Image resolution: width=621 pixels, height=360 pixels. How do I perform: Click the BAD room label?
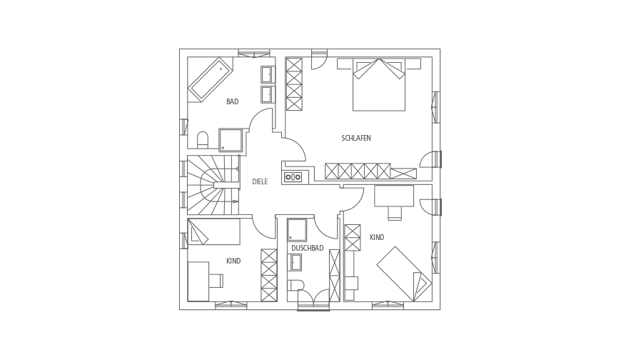(233, 102)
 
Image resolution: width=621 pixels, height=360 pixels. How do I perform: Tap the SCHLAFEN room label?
(356, 139)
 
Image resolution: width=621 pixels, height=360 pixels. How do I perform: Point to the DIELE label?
(260, 182)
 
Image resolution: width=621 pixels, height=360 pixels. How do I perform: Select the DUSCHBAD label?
(308, 248)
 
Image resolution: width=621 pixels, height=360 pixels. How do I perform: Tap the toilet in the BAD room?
(203, 139)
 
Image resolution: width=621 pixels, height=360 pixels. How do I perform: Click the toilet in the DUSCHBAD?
(296, 285)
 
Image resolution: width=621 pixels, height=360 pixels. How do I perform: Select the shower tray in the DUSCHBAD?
(297, 230)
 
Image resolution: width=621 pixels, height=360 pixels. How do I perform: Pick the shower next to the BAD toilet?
(231, 140)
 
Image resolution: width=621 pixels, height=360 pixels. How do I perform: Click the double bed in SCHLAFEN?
(379, 84)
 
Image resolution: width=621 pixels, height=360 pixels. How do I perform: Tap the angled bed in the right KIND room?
(404, 274)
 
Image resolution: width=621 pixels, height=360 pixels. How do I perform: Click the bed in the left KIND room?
(214, 231)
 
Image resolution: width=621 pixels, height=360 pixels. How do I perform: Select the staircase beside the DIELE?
(213, 185)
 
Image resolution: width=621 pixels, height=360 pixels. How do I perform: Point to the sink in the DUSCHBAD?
(295, 262)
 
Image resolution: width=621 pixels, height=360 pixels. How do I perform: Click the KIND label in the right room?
(377, 237)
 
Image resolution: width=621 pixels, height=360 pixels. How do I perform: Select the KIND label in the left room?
(233, 261)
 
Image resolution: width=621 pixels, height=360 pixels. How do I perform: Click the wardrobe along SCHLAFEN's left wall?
(294, 84)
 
